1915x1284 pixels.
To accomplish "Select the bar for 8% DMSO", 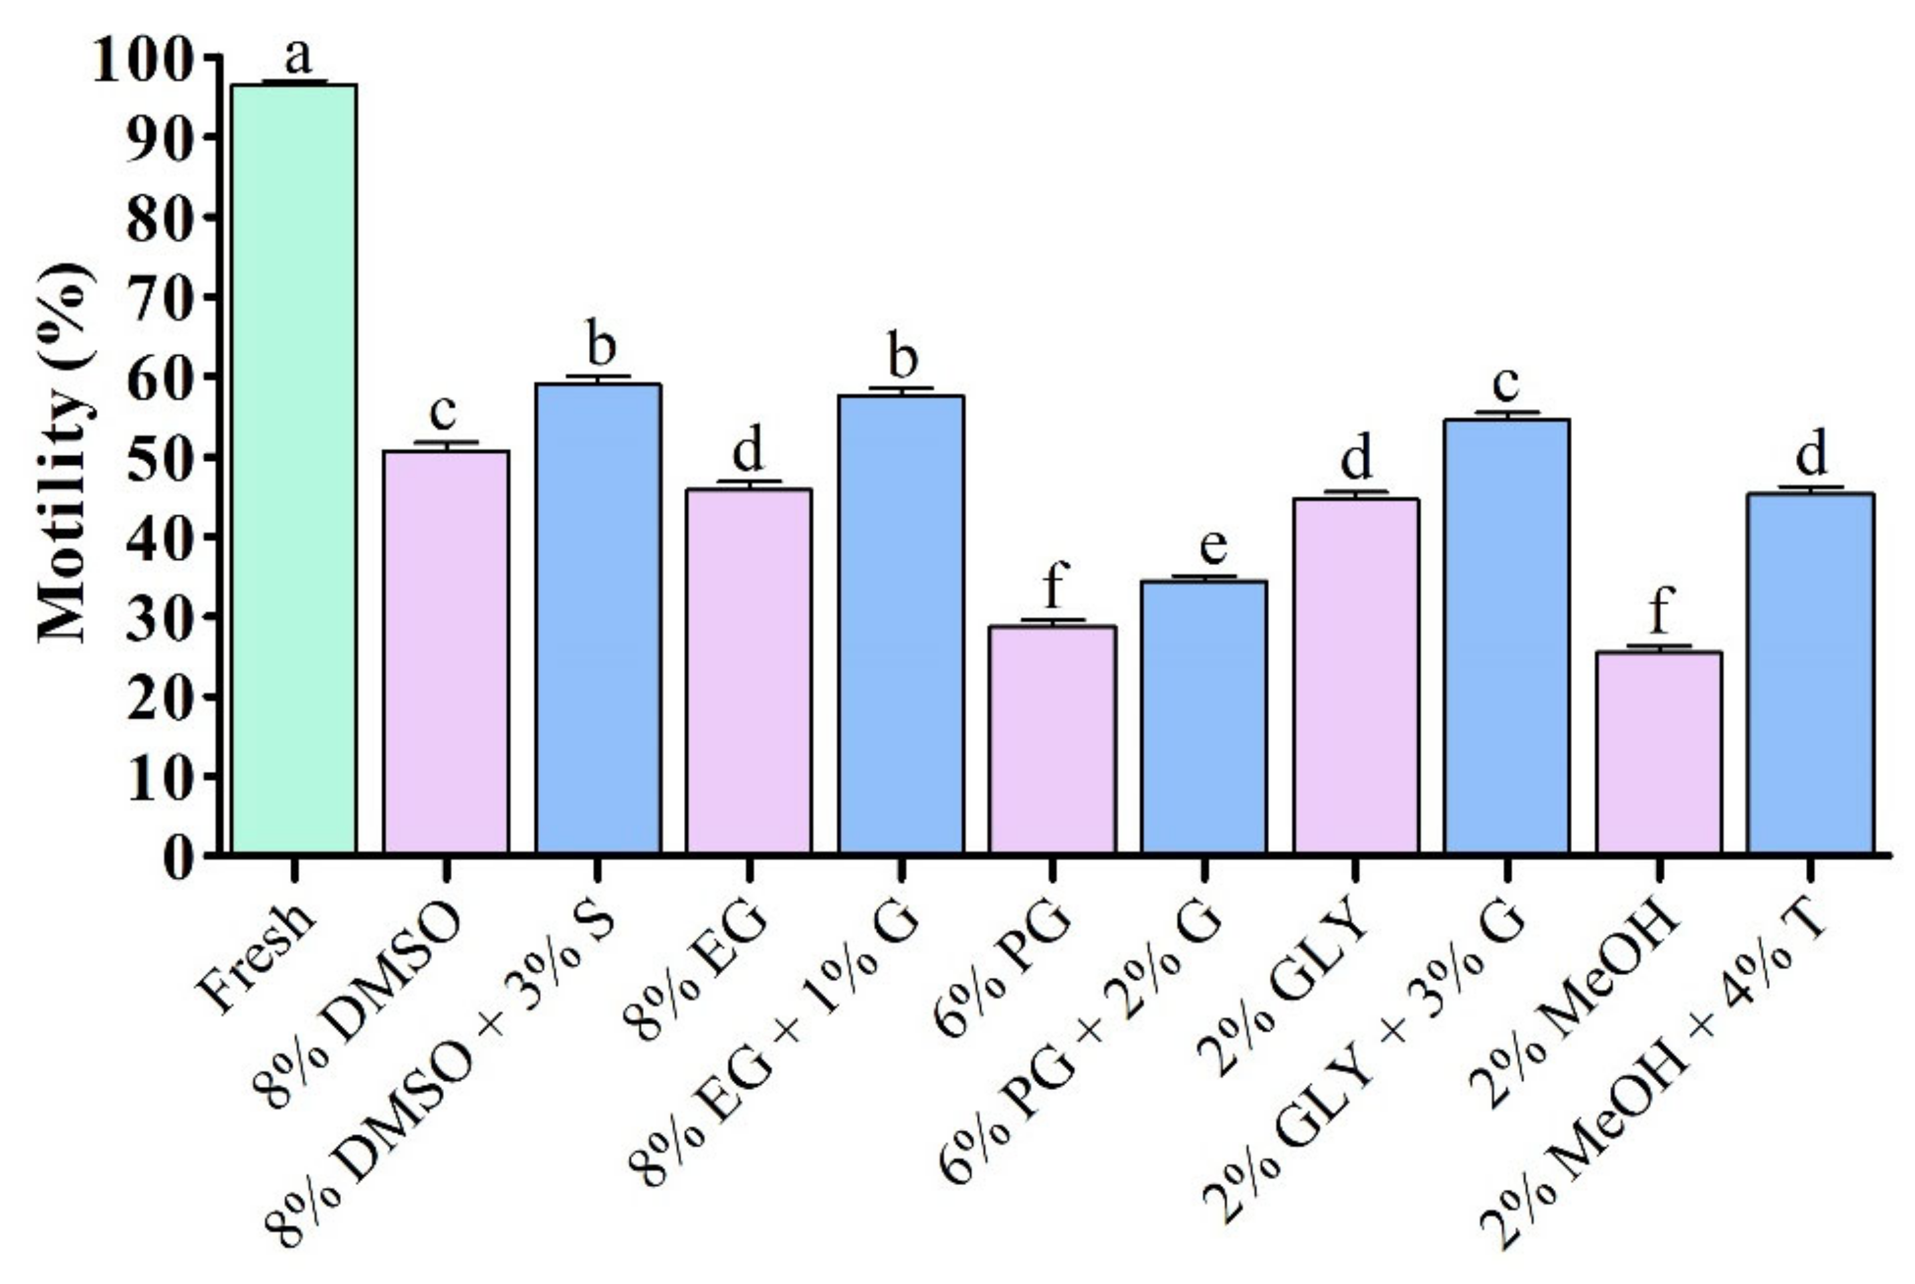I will click(446, 651).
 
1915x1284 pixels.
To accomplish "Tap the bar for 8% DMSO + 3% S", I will click(598, 618).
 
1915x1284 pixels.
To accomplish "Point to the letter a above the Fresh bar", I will click(298, 56).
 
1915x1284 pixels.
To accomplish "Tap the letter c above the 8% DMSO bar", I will click(443, 412).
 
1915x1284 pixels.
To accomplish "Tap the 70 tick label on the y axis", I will click(160, 296).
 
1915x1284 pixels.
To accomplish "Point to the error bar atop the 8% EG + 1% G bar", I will click(901, 390).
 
